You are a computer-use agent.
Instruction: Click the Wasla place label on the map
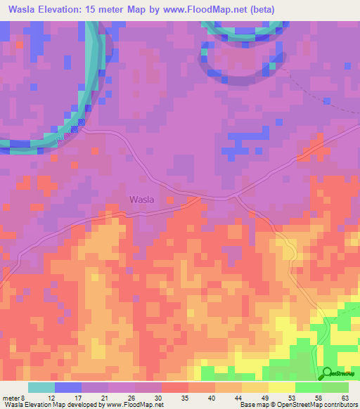coord(141,199)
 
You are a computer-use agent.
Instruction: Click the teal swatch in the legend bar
coord(41,387)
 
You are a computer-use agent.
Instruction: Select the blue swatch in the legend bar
coord(68,387)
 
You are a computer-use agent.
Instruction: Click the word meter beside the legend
coord(11,398)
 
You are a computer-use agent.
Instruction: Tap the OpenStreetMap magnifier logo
coord(327,372)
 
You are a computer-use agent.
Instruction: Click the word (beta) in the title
coord(259,9)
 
